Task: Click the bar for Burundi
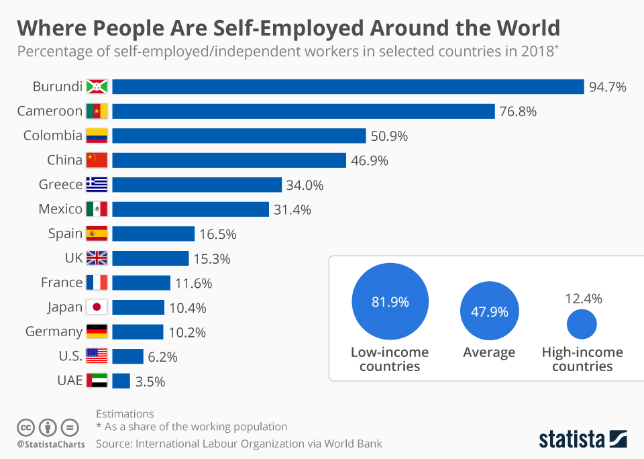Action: (347, 87)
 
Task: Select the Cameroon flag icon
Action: (97, 111)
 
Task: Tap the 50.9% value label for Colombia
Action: (388, 136)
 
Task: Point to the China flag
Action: (97, 160)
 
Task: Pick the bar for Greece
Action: (197, 185)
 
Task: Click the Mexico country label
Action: (60, 209)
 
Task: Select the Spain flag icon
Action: (97, 234)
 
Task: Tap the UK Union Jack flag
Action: (97, 258)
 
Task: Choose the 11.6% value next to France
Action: (193, 283)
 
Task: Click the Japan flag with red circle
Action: (97, 307)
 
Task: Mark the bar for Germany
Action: (138, 331)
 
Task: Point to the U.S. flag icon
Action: (97, 356)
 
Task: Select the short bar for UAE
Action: (121, 381)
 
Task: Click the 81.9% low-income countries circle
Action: (390, 302)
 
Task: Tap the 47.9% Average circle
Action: (489, 312)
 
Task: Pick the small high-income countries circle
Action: (582, 324)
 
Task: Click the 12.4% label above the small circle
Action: (583, 298)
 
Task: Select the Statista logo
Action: (583, 440)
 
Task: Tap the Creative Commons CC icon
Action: (25, 427)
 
